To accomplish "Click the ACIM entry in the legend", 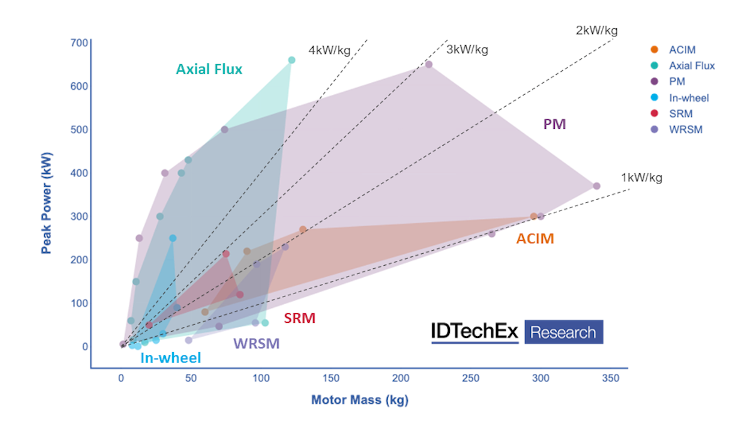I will (682, 50).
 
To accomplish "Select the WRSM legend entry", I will (685, 130).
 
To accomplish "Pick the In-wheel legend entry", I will (689, 98).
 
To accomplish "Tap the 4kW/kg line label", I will (329, 50).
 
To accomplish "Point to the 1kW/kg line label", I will (642, 178).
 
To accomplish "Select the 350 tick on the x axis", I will (610, 378).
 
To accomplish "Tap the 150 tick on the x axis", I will (331, 378).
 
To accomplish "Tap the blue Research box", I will (563, 332).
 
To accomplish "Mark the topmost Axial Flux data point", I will (292, 60).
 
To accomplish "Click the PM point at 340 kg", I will (596, 186).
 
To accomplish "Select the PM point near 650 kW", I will (429, 65).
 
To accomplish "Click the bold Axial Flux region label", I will (209, 69).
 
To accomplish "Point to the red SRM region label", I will (299, 319).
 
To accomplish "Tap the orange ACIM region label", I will (535, 239).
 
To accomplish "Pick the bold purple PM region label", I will (554, 124).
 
